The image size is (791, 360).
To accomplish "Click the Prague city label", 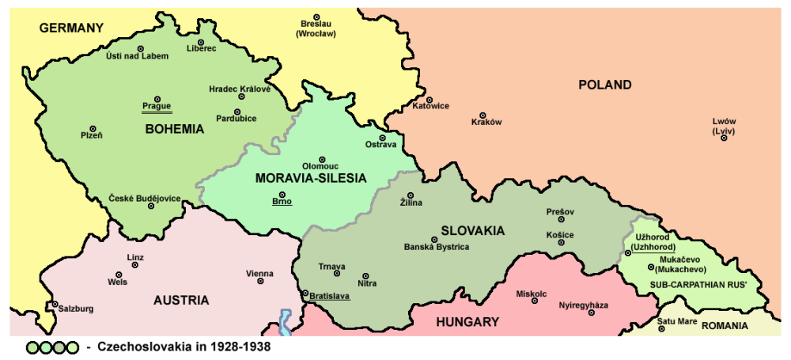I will [157, 106].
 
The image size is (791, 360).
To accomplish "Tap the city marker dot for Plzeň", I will [93, 128].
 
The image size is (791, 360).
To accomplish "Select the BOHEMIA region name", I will [175, 129].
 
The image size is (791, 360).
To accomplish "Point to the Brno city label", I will [282, 201].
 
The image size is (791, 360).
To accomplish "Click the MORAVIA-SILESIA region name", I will [311, 179].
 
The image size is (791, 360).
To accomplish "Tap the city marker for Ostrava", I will [381, 137].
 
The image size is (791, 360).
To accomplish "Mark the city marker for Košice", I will [561, 242].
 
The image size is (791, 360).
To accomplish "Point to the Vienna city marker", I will [260, 282].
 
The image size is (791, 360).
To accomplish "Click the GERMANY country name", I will [71, 28].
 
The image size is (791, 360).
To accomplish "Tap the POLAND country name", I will [604, 85].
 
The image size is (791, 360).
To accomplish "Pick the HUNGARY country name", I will [467, 321].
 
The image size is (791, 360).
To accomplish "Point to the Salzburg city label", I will [76, 308].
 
